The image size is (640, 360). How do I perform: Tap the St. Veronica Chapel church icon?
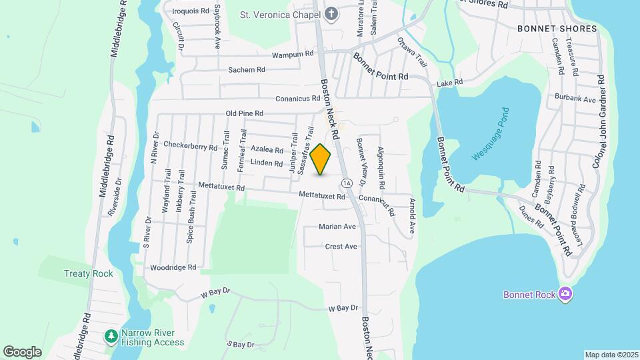point(331,15)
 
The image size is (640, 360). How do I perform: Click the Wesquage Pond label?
point(491,134)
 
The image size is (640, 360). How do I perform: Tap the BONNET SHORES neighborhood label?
point(549,29)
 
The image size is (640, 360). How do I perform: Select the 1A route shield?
point(345,183)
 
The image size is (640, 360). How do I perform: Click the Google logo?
point(22,351)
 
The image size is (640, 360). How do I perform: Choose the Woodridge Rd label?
point(173,267)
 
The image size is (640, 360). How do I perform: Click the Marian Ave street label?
point(337,227)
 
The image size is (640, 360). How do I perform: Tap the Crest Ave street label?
point(341,247)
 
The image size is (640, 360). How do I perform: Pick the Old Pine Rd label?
point(245,113)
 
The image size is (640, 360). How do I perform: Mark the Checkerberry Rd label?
point(191,147)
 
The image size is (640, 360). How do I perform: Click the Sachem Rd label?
point(247,69)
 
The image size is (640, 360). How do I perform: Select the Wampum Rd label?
point(292,53)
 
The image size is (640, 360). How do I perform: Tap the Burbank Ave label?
point(575,99)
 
